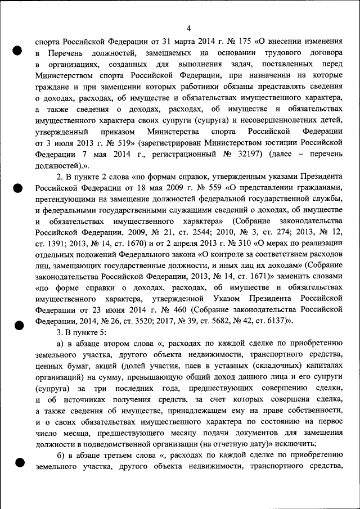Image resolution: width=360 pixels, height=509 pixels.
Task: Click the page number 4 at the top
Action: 189,29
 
